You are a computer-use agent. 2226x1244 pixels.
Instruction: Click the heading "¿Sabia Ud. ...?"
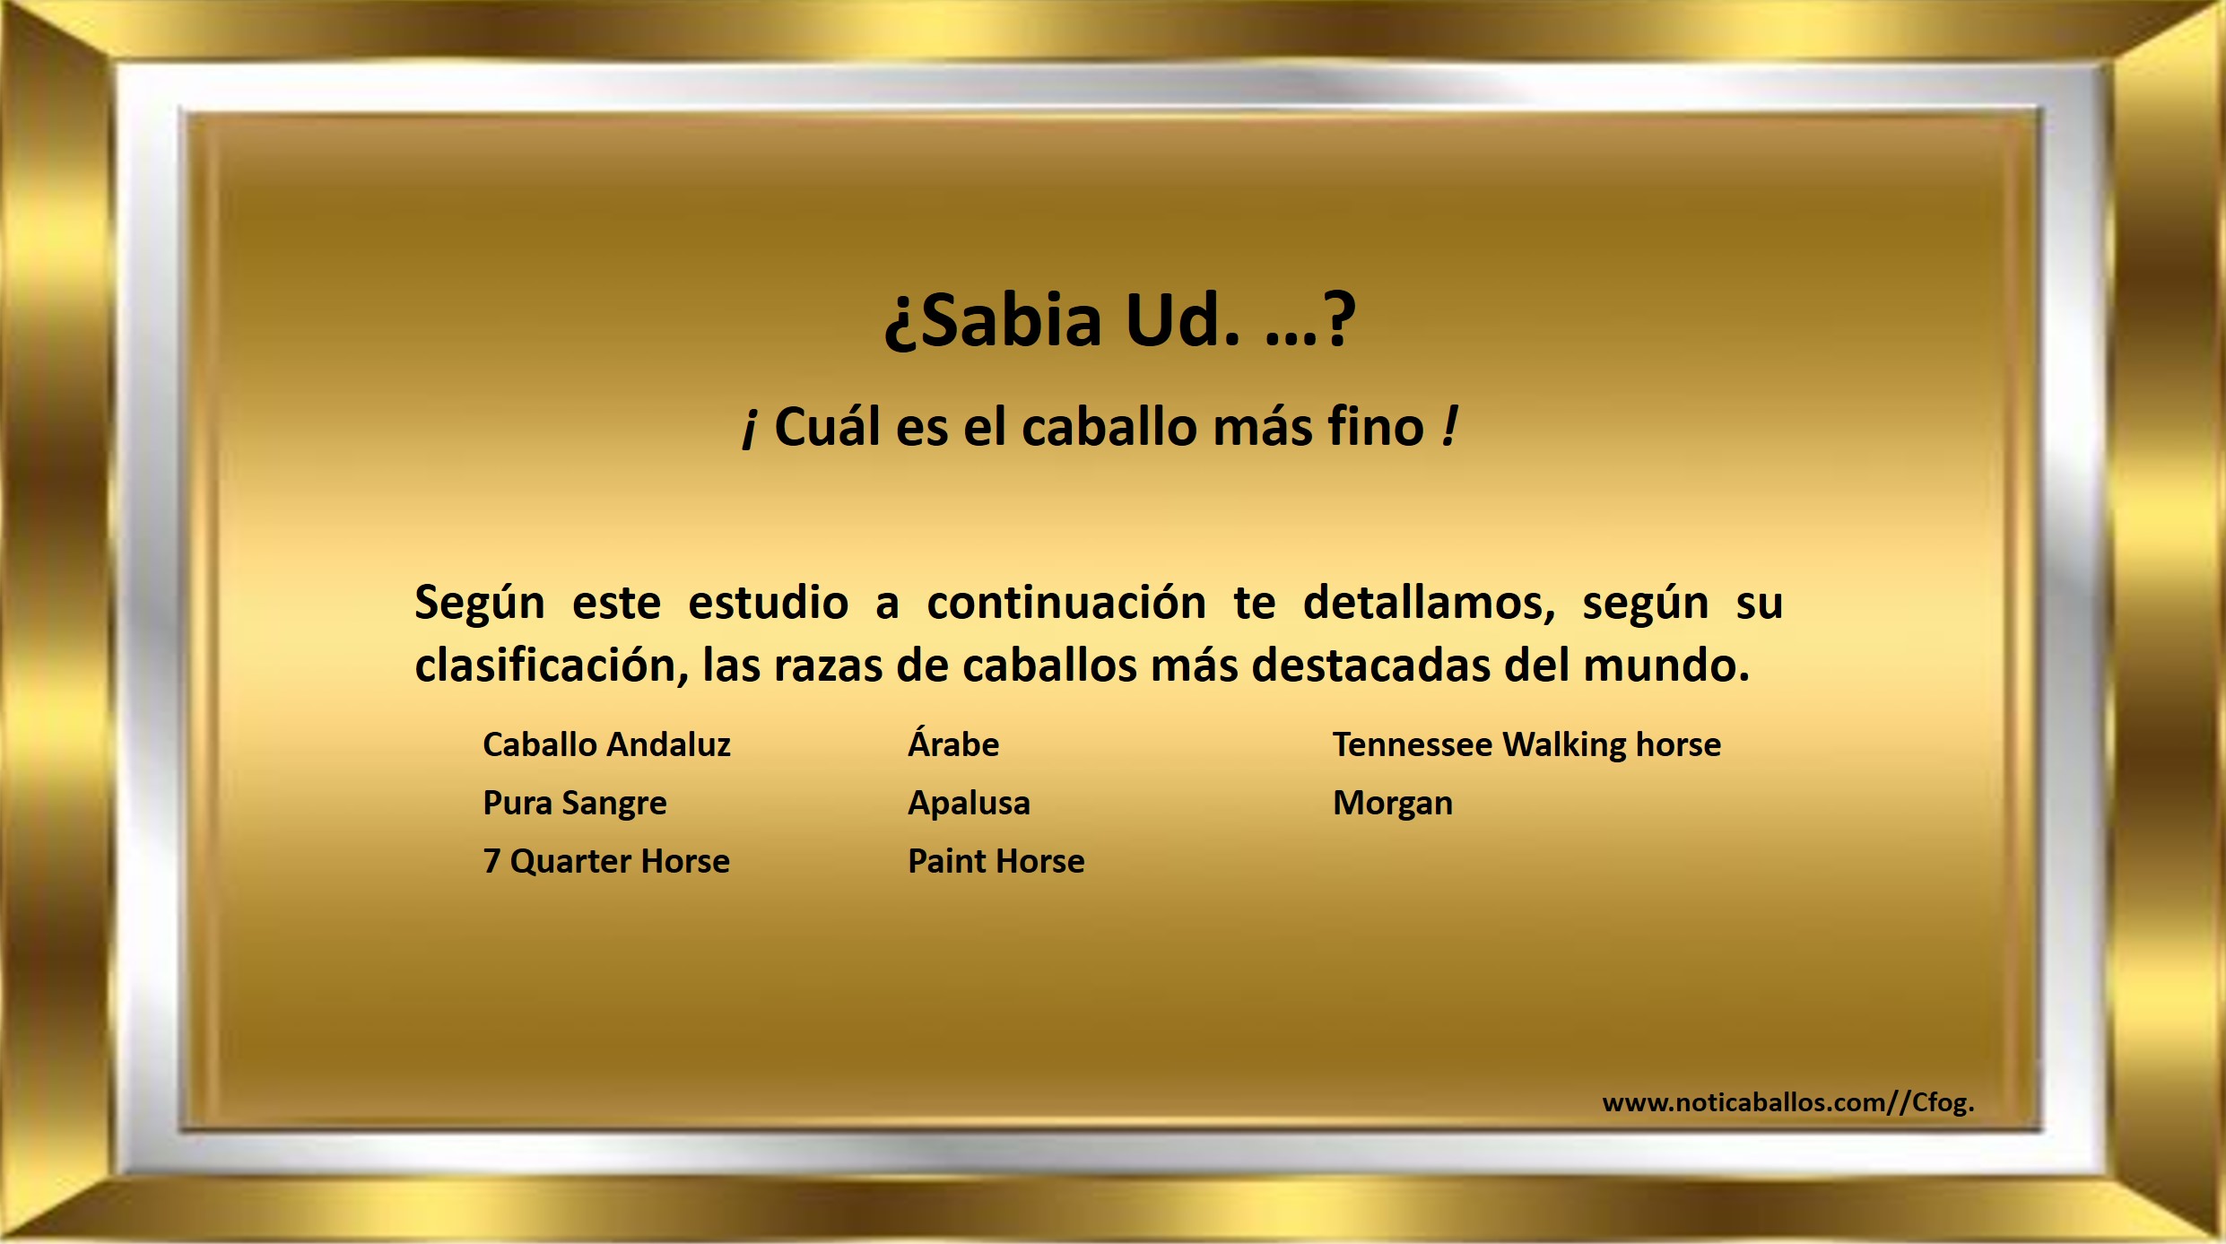(1119, 319)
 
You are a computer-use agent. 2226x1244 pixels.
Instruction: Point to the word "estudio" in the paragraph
(768, 602)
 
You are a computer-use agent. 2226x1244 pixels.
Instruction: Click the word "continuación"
(1066, 602)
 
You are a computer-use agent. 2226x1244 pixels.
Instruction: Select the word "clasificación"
(551, 665)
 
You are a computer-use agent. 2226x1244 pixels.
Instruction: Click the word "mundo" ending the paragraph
(1666, 665)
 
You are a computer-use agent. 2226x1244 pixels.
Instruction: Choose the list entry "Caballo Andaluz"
(606, 744)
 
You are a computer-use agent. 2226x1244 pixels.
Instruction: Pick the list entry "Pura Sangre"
(575, 804)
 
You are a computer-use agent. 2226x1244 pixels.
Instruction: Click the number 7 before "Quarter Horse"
(491, 861)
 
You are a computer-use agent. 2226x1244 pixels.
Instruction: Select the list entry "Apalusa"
(969, 804)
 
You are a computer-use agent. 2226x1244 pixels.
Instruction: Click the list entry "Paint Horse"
(996, 861)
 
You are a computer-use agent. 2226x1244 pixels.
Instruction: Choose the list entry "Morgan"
(1393, 804)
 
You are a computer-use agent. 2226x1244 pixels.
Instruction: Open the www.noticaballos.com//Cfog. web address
(1788, 1102)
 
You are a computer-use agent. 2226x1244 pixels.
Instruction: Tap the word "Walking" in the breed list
(1564, 745)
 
